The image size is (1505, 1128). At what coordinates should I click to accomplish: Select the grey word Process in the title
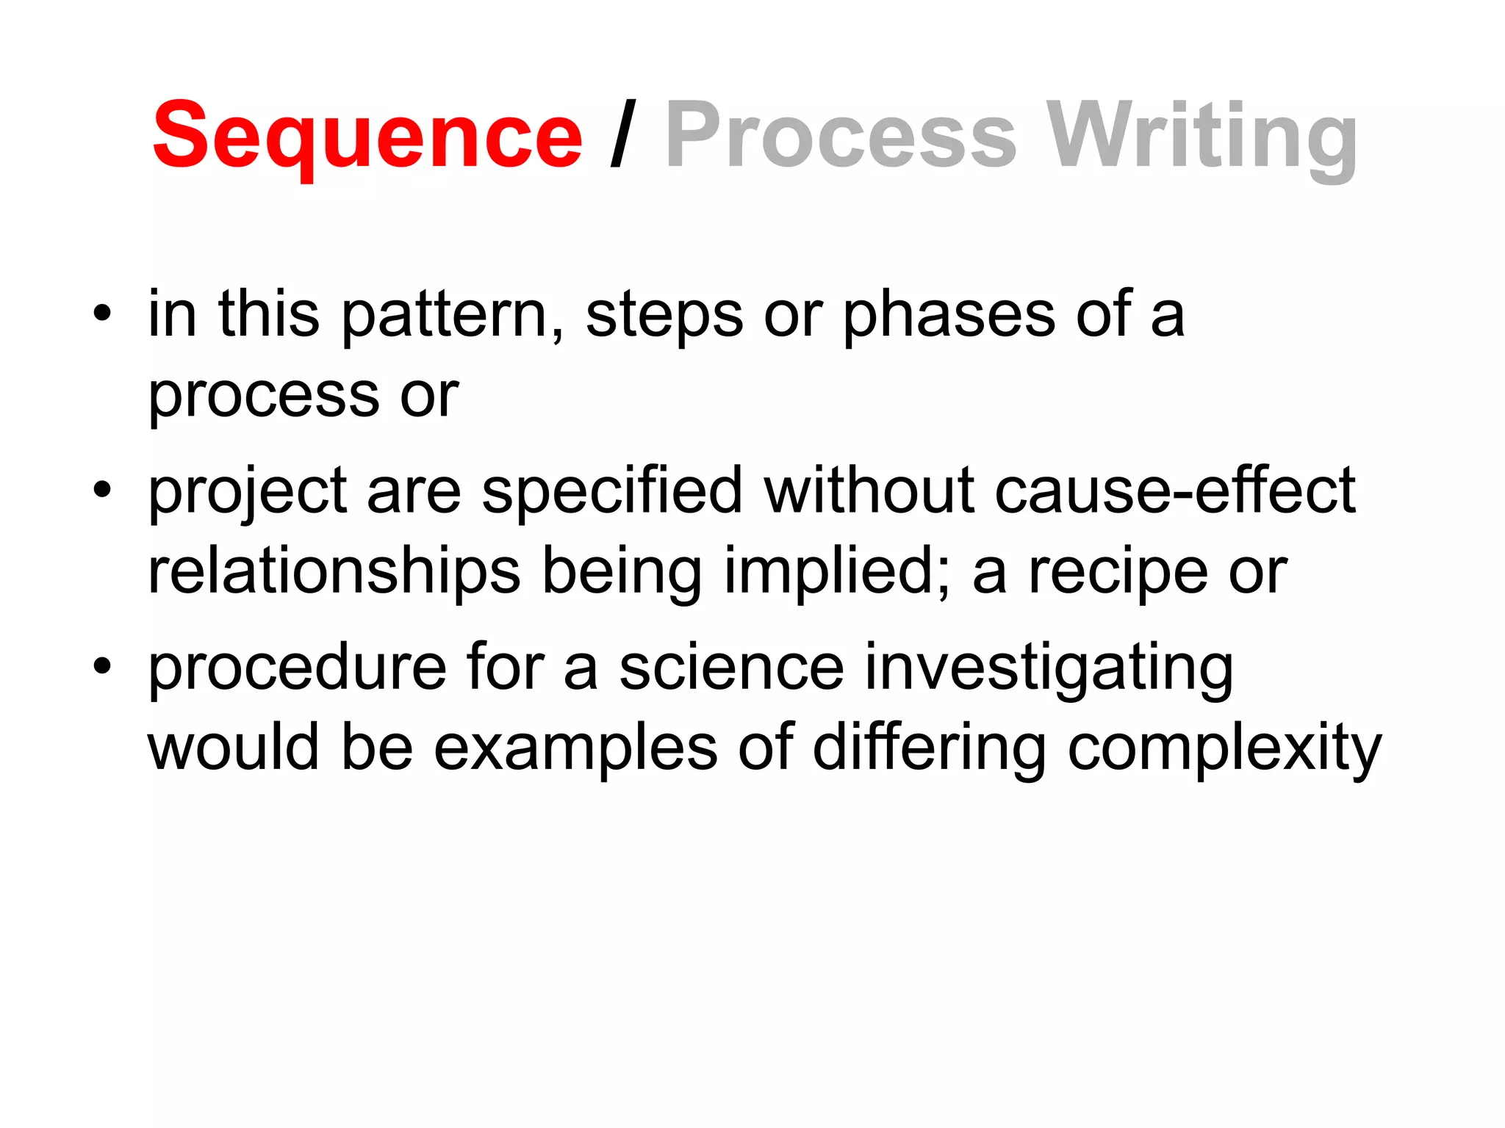click(x=841, y=137)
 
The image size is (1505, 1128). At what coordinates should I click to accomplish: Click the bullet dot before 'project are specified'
click(x=102, y=491)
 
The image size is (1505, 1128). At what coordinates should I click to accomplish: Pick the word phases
click(x=949, y=316)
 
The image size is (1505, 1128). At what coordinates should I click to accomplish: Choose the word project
click(x=248, y=492)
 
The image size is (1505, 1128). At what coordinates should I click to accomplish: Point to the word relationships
click(x=334, y=573)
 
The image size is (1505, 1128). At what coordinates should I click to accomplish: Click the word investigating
click(x=1049, y=668)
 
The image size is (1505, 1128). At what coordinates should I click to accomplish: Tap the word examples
click(x=575, y=749)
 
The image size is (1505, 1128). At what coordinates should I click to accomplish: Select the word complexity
click(x=1224, y=749)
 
